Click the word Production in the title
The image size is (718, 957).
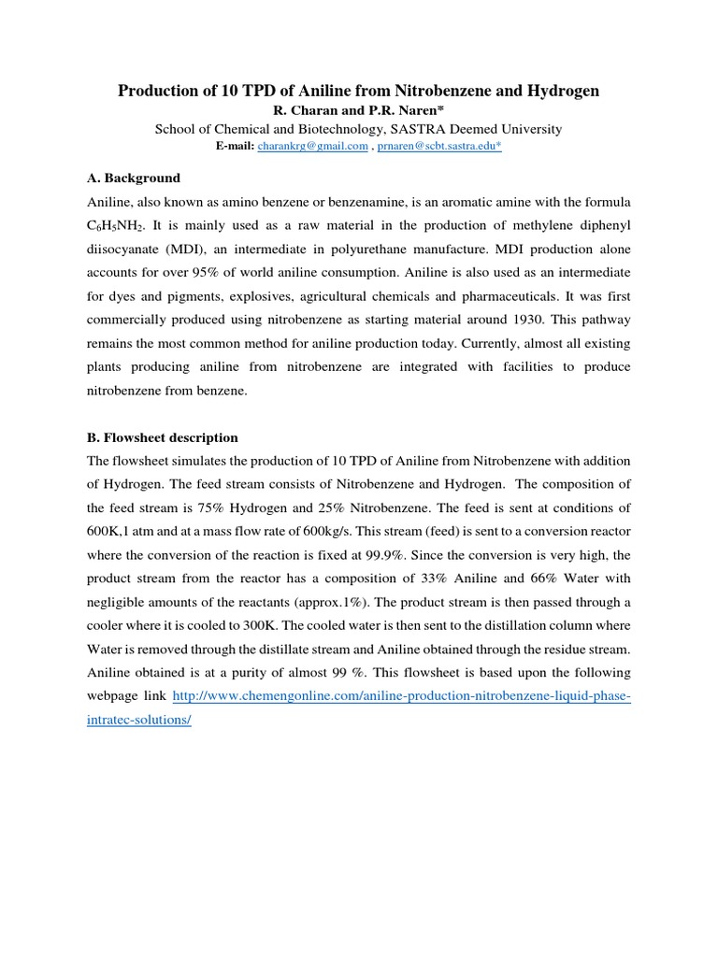[x=152, y=91]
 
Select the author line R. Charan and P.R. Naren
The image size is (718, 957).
[x=358, y=111]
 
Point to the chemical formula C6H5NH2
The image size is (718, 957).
[x=119, y=227]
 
